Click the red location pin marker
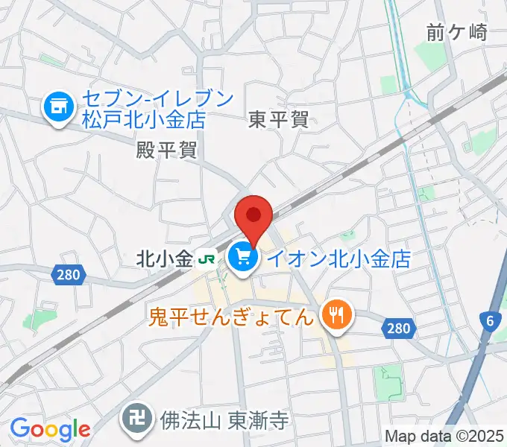click(253, 216)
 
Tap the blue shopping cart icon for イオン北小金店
click(243, 259)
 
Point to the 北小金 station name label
click(164, 259)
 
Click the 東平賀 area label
click(278, 118)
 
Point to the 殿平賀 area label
click(166, 150)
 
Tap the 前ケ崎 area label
click(457, 32)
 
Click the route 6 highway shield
click(489, 321)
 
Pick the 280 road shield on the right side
click(398, 328)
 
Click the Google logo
click(50, 430)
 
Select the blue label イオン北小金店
click(338, 259)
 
